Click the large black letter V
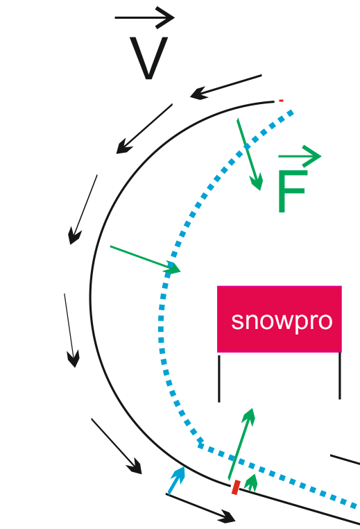coord(148,58)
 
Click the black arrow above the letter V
coord(144,17)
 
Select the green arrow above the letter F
coord(300,156)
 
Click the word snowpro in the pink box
coord(282,321)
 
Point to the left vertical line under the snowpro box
coord(219,378)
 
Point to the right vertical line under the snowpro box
coord(340,376)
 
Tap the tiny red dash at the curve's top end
coord(281,101)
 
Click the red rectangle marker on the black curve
coord(236,487)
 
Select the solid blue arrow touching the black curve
coord(176,480)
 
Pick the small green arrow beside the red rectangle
coord(251,482)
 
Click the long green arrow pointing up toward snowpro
coord(241,444)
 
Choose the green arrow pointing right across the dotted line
coord(145,259)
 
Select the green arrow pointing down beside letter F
coord(250,154)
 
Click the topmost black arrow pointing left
coord(226,87)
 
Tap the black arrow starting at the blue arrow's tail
coord(200,507)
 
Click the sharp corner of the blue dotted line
coord(200,445)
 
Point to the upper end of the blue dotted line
coord(292,112)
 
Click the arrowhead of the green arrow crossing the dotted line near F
coord(257,183)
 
